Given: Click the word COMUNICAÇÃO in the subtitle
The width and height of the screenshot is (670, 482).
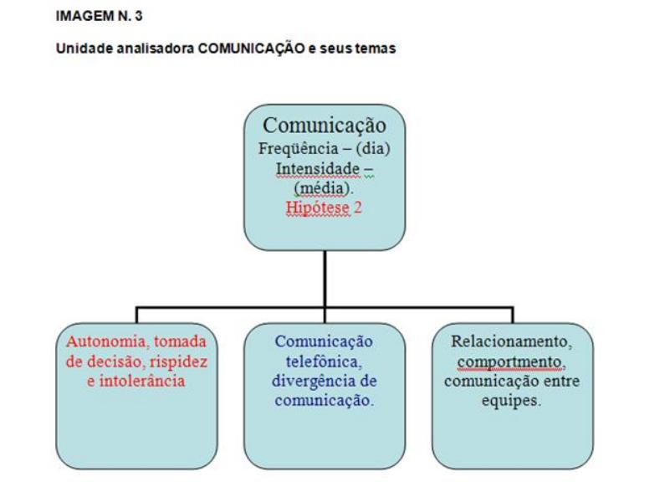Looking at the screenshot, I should (x=238, y=49).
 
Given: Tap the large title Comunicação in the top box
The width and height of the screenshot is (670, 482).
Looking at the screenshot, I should (x=325, y=126).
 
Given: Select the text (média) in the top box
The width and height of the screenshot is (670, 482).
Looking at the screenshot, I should (x=323, y=188).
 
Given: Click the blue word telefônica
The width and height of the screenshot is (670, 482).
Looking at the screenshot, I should (x=324, y=361).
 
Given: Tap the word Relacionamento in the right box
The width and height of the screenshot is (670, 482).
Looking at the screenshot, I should (x=511, y=341).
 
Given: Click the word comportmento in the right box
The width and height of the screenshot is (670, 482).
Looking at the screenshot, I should (x=512, y=361).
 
